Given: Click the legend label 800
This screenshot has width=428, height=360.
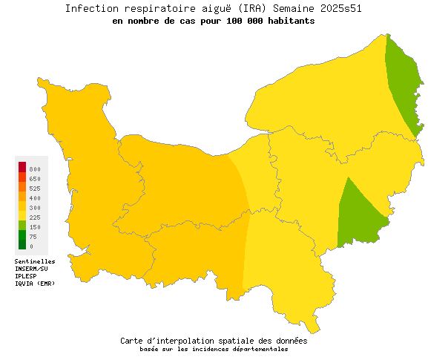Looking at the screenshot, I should (x=35, y=170).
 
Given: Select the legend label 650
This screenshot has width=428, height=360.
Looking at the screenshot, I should (x=35, y=179).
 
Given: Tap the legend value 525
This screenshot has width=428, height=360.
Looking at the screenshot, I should (x=35, y=189).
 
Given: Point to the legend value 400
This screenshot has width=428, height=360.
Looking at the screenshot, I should (x=35, y=198).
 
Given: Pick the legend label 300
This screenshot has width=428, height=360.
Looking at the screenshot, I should (x=35, y=208).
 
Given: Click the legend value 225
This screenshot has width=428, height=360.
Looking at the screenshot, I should (x=35, y=217).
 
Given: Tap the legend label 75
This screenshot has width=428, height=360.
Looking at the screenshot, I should (x=33, y=237).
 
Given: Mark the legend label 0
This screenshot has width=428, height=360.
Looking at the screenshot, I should (x=31, y=246).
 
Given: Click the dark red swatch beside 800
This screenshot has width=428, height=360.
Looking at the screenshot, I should (x=22, y=166).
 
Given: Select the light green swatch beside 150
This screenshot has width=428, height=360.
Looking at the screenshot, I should (x=22, y=225).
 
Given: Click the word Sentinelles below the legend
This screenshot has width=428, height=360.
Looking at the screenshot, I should (x=35, y=261).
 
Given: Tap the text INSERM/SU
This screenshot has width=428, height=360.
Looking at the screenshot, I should (x=31, y=269).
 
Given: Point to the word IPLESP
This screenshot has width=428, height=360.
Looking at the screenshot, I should (x=26, y=276).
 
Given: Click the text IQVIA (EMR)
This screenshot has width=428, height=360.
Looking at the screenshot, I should (x=35, y=284).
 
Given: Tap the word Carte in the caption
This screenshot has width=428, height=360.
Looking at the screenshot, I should (x=134, y=341).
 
